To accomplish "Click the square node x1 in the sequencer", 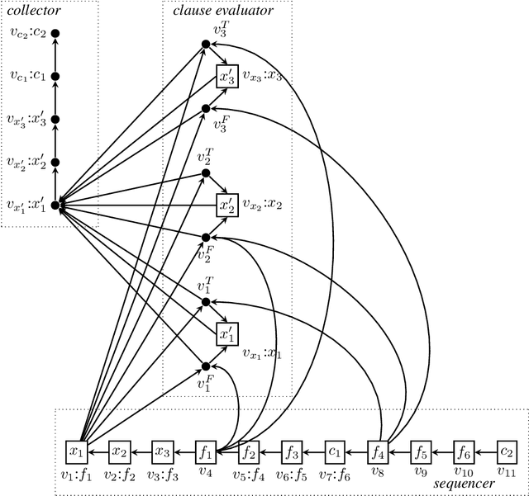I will (77, 451).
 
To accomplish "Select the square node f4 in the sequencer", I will (379, 451).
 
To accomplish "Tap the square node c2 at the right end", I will (508, 451).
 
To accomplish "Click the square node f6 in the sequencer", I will (465, 451).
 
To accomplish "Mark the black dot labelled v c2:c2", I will (55, 33).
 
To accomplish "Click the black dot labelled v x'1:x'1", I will (55, 205).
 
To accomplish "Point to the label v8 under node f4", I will (379, 473).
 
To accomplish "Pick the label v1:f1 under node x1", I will (76, 474).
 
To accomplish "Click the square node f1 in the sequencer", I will (206, 451).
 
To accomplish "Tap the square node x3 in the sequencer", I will (163, 451).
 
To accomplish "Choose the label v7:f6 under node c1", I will (336, 474).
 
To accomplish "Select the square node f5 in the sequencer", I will (422, 451).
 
